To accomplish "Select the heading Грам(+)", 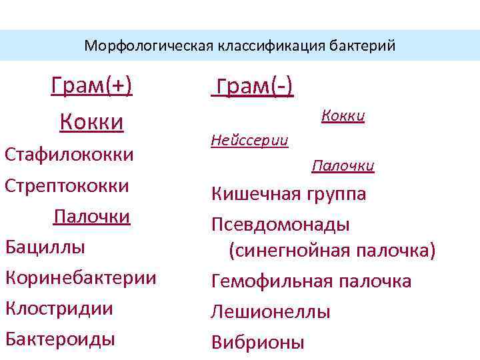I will (x=91, y=87).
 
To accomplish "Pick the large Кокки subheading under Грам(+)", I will (x=91, y=123).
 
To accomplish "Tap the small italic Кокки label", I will (x=343, y=116).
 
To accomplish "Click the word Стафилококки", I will (x=69, y=155).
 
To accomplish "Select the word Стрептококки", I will (x=67, y=185).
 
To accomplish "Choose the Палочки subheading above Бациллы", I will (x=91, y=217).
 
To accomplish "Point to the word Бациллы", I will (x=45, y=247).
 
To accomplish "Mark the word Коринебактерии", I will (x=81, y=277).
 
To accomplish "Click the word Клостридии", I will (x=59, y=308).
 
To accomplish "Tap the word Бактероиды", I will (x=60, y=339).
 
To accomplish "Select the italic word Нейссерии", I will (x=249, y=141).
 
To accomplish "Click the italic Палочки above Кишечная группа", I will (x=343, y=166).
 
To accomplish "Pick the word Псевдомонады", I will (x=281, y=225).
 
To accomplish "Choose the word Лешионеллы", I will (x=271, y=312).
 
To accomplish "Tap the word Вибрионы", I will (x=258, y=343).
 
